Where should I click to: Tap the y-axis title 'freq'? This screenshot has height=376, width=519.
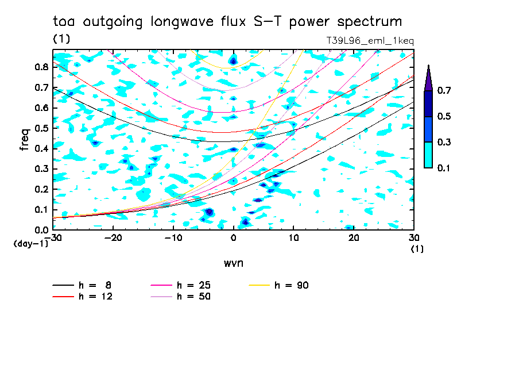[x=24, y=140]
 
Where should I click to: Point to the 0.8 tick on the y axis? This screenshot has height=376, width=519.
[x=41, y=67]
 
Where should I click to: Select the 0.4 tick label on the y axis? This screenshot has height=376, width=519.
[x=41, y=148]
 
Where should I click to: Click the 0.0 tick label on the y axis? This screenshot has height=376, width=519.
[x=41, y=230]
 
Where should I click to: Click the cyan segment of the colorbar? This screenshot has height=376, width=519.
[x=428, y=155]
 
